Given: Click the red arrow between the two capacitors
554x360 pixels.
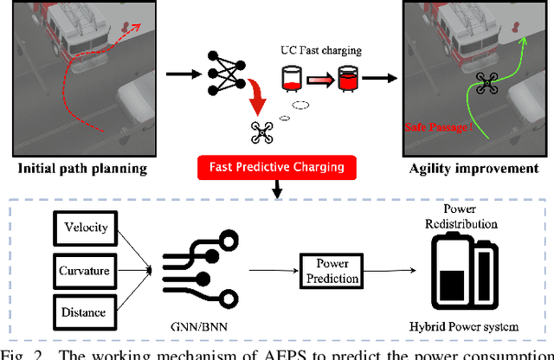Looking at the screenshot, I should point(319,80).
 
